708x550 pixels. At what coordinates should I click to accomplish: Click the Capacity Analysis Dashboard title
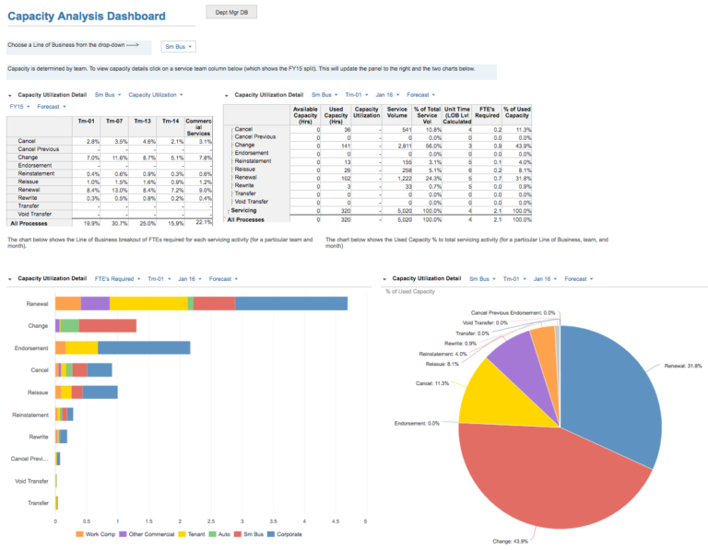tap(87, 17)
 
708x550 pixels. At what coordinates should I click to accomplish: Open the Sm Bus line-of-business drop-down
tap(178, 45)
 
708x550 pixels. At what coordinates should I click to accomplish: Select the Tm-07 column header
tap(115, 121)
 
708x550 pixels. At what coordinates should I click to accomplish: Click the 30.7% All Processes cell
tap(115, 222)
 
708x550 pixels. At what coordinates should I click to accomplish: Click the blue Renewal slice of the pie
tap(618, 387)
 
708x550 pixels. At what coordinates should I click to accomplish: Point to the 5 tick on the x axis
tap(366, 522)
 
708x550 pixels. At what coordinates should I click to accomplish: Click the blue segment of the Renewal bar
tap(291, 303)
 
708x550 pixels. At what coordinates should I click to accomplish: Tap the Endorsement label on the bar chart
tap(31, 348)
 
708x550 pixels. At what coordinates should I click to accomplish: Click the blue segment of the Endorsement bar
tap(144, 348)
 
